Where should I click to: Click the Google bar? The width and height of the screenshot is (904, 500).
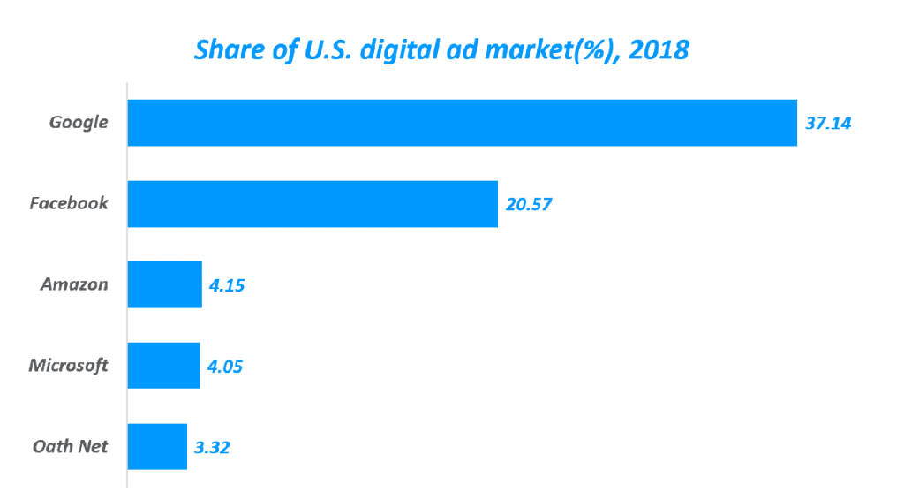click(x=462, y=123)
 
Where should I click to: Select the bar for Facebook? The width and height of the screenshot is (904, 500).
click(x=313, y=204)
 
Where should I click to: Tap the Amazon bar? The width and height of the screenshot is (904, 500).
click(x=165, y=284)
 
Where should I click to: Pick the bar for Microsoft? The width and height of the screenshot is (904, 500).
click(x=163, y=366)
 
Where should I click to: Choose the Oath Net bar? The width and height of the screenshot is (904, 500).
click(x=157, y=447)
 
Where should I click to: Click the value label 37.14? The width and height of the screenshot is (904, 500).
click(x=828, y=123)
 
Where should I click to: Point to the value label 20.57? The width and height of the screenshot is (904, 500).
click(x=529, y=204)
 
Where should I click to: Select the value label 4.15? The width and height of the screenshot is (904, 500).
click(x=226, y=284)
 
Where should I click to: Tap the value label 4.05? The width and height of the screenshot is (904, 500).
click(x=225, y=366)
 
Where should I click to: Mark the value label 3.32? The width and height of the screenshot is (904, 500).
click(x=213, y=447)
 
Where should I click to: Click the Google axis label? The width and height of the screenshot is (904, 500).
click(x=79, y=123)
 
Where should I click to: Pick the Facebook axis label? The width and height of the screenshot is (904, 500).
click(x=69, y=203)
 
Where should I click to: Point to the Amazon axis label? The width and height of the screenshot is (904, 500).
click(x=74, y=284)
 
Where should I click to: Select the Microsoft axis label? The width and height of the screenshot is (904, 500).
click(x=68, y=365)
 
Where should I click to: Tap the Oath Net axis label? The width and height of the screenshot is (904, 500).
click(x=70, y=446)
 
